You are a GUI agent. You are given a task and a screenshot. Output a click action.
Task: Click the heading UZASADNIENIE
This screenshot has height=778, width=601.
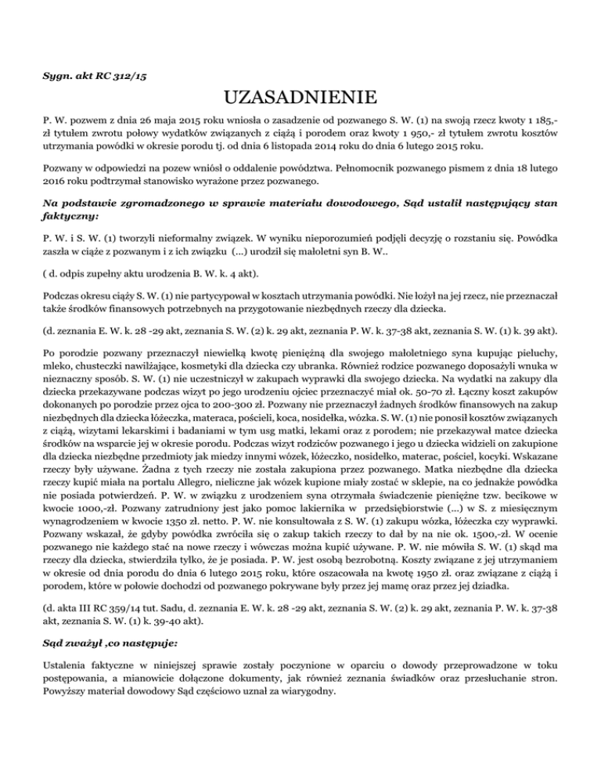(x=300, y=99)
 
